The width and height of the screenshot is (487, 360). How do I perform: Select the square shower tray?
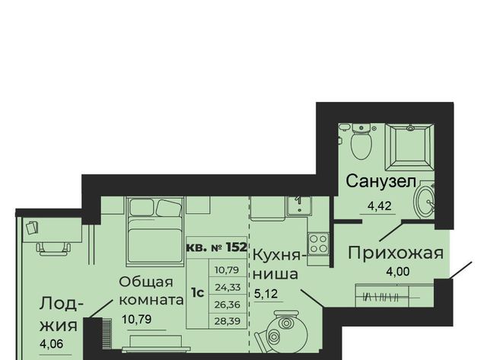point(409,147)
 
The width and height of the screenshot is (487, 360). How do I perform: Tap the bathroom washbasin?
point(425,199)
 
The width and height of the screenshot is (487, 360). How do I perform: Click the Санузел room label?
point(380,181)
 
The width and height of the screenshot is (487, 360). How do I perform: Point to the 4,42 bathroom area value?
point(379,205)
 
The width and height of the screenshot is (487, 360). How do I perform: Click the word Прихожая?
point(396,253)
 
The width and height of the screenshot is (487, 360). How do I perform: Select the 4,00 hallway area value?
point(397,272)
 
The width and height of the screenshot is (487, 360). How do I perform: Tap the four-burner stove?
point(318,244)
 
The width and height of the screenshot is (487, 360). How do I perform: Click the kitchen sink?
point(299,205)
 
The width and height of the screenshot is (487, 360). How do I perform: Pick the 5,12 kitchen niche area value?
point(266,293)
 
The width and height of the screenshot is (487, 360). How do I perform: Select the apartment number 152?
point(237,247)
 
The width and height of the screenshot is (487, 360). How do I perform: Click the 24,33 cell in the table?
point(228,288)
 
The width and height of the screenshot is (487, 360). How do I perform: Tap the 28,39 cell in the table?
point(228,321)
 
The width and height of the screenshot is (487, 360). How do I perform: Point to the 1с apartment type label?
point(197,292)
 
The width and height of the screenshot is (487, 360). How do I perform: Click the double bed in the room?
point(154,231)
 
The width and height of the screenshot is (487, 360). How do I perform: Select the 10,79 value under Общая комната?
point(137,319)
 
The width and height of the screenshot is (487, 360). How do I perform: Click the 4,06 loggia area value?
point(52,343)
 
